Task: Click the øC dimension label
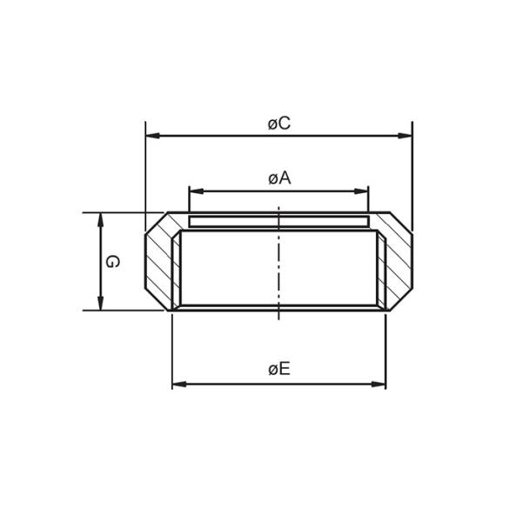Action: tap(278, 124)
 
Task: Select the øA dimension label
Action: tap(278, 178)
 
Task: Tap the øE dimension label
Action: tap(278, 370)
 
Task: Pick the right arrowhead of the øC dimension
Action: tap(405, 136)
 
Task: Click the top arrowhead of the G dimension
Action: tap(101, 219)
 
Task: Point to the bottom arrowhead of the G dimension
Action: tap(101, 303)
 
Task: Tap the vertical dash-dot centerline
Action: tap(278, 261)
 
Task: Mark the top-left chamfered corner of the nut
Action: tap(156, 222)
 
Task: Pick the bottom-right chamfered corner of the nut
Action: tap(401, 300)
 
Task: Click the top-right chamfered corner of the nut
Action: tap(401, 222)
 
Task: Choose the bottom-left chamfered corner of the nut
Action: tap(156, 300)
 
